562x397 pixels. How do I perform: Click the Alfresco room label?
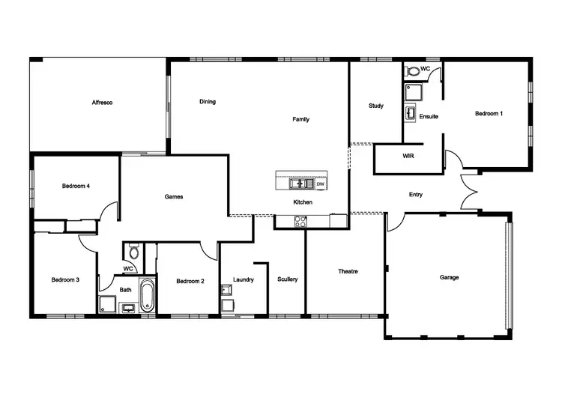pos(102,102)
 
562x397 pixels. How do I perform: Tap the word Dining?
pos(208,102)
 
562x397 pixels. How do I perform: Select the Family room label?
pos(300,119)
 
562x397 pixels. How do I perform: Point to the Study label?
pos(376,106)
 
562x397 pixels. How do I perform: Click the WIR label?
pos(408,156)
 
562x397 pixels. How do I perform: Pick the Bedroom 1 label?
pos(489,113)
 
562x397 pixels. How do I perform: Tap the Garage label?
pos(450,277)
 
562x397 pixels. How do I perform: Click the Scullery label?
pos(288,279)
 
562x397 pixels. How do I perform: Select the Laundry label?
pos(244,279)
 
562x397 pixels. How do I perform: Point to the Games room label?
pos(174,197)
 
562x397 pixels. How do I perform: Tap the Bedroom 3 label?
pos(65,279)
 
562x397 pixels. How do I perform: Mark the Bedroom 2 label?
pos(190,282)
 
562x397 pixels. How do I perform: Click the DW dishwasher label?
pos(320,184)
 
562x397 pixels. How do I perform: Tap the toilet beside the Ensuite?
pos(413,72)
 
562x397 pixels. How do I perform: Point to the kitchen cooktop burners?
pos(300,221)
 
